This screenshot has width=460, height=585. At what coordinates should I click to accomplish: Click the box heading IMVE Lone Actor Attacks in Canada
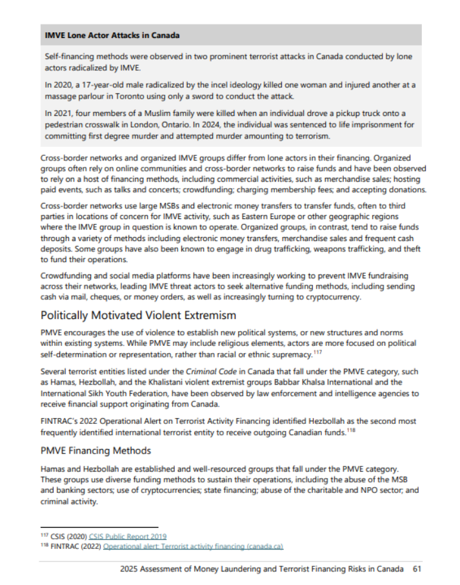112,35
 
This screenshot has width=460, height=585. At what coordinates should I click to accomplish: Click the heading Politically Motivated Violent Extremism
138,315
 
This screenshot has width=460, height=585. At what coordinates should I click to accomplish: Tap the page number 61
417,569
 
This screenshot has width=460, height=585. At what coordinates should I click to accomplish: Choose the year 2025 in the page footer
130,569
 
